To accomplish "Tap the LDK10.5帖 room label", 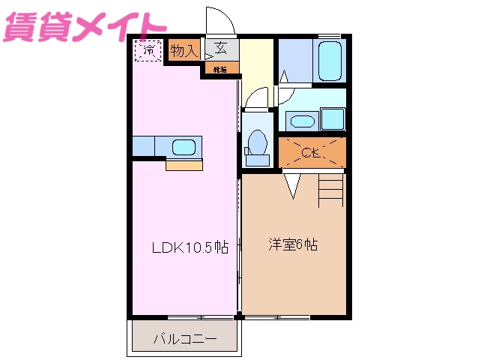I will coord(190,247).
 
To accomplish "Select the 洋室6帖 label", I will coord(293,245).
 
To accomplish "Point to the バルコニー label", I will coord(185,339).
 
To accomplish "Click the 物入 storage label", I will coord(184,51).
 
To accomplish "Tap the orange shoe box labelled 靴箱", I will coord(221,69).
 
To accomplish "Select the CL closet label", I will coord(312,154).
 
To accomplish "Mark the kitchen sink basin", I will coord(184,147).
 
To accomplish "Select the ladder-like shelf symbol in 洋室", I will coord(330,189).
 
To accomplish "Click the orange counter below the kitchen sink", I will coord(184,165).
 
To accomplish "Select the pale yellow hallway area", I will coord(256,64).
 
